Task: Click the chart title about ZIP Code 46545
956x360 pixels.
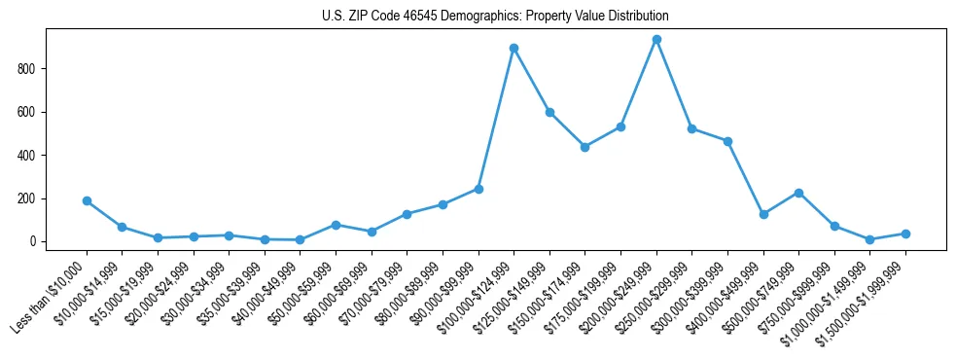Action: coord(495,17)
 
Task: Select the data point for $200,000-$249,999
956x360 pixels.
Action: coord(656,40)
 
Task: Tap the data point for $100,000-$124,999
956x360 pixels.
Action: coord(513,48)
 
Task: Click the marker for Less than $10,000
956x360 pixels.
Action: coord(87,200)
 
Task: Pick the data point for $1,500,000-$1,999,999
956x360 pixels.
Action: coord(905,234)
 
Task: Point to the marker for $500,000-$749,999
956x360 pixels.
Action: coord(798,193)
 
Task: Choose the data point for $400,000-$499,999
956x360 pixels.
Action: coord(763,214)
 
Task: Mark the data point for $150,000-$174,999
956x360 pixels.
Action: coord(584,147)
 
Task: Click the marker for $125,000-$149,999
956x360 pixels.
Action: coord(549,112)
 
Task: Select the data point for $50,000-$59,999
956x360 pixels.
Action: coord(336,225)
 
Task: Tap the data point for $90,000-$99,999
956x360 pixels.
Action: coord(478,189)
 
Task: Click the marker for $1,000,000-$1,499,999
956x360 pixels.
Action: coord(869,239)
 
